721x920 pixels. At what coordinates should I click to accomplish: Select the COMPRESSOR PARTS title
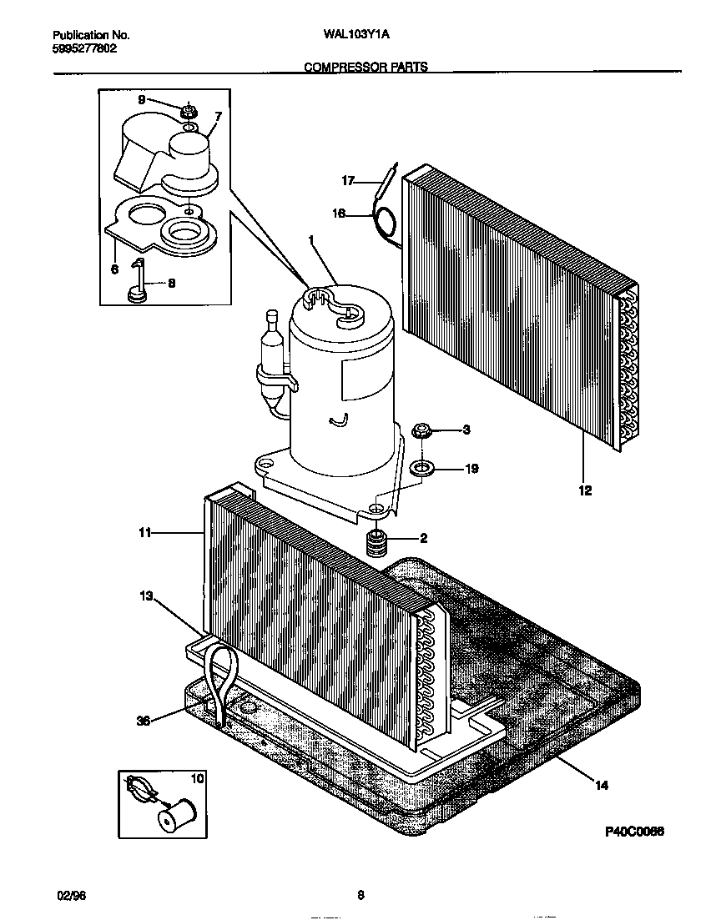point(366,67)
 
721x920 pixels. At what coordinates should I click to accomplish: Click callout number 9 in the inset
point(141,99)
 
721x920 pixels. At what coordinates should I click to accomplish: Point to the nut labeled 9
point(189,109)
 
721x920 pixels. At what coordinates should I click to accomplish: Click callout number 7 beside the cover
point(218,116)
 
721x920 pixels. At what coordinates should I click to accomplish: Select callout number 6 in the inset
point(114,269)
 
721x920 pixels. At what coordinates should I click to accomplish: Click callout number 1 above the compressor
point(311,239)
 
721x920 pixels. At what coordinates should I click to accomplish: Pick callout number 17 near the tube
point(349,180)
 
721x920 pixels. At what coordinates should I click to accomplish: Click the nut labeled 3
point(422,431)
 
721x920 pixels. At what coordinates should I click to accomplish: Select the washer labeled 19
point(421,467)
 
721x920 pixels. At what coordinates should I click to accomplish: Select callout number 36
point(143,721)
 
